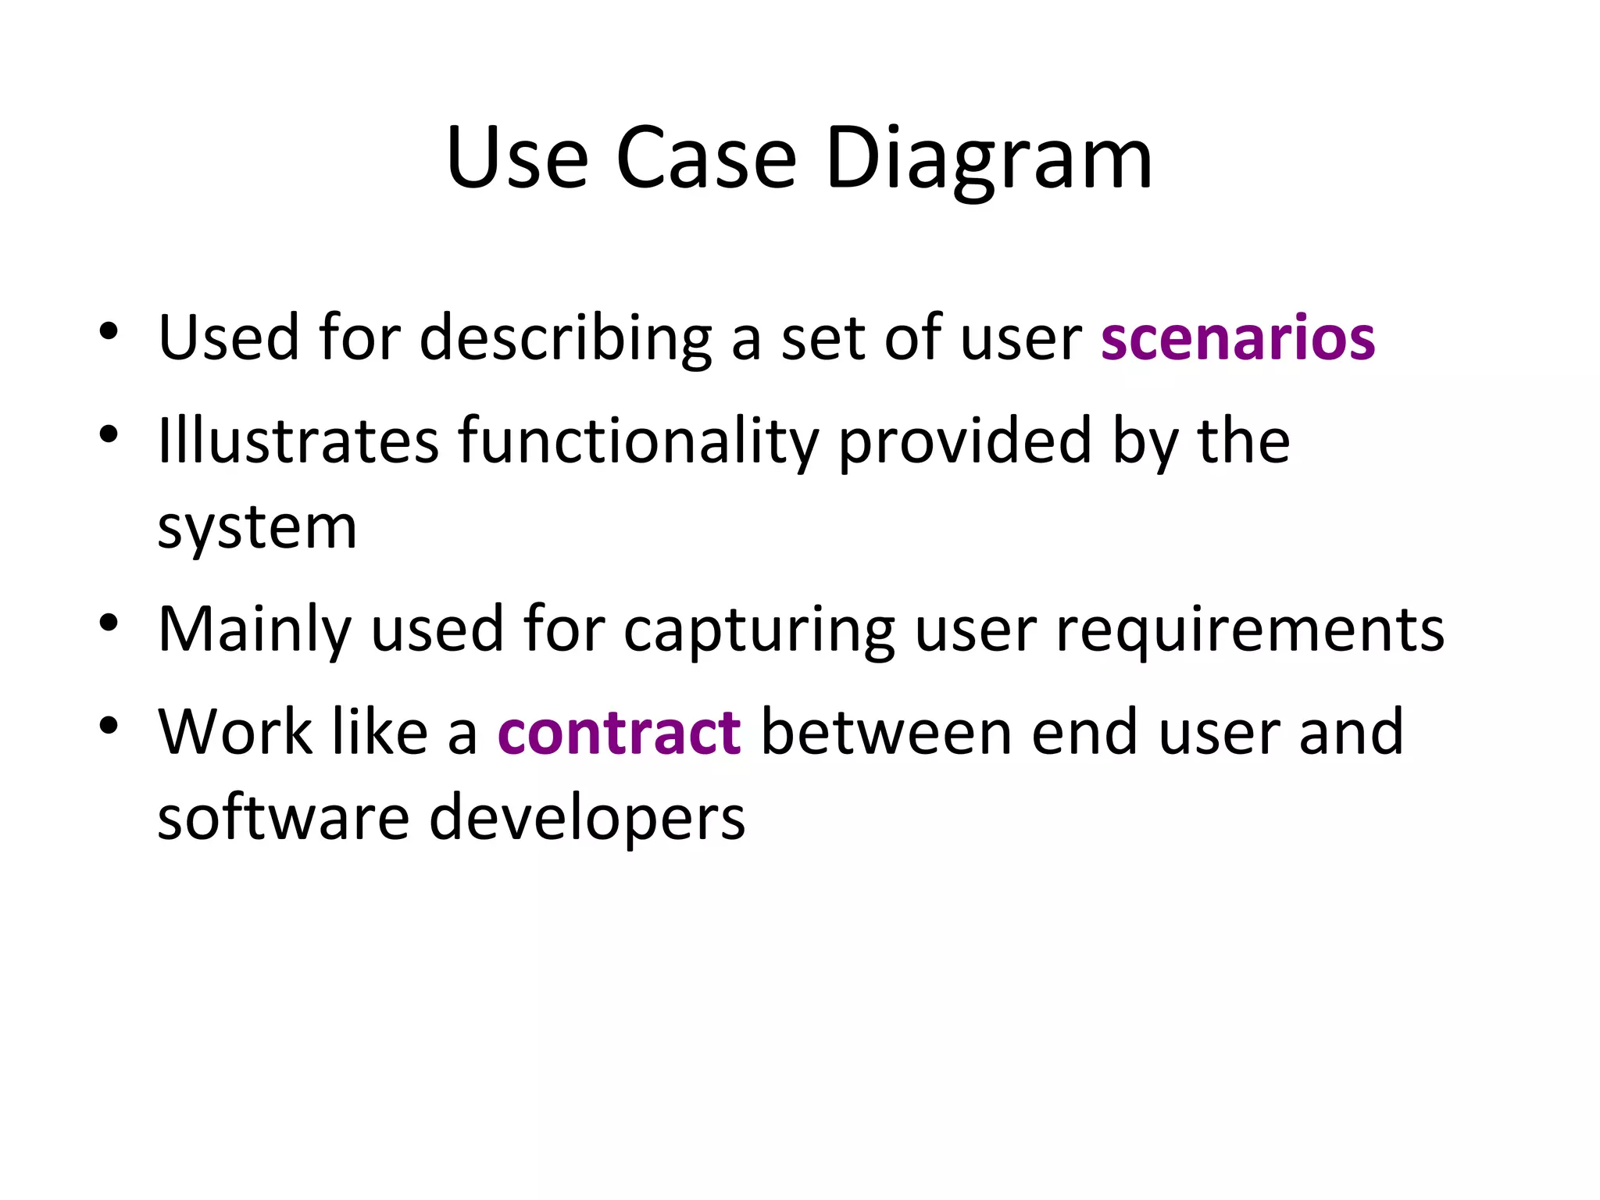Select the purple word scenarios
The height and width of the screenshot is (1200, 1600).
[1237, 338]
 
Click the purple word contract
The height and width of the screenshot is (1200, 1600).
[619, 733]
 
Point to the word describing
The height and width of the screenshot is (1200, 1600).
[566, 338]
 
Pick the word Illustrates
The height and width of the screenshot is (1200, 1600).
[298, 441]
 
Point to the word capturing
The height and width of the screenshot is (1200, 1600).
[759, 630]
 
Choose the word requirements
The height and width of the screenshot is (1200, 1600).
[1250, 630]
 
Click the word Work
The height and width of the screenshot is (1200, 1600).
[235, 733]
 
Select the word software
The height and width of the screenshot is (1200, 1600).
[284, 818]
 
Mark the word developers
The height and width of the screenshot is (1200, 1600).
[587, 820]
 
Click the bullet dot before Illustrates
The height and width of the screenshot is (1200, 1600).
[109, 434]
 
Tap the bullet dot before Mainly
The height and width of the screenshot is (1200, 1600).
[109, 623]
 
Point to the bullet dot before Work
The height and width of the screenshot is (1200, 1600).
[109, 726]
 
